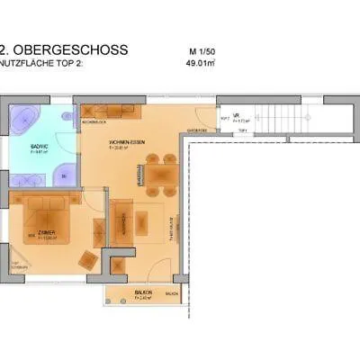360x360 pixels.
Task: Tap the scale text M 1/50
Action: [203, 50]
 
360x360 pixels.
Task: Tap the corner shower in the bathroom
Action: [66, 173]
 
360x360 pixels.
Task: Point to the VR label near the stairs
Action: [234, 114]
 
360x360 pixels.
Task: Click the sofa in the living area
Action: [122, 219]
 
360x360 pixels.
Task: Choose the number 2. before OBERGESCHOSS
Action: [6, 50]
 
